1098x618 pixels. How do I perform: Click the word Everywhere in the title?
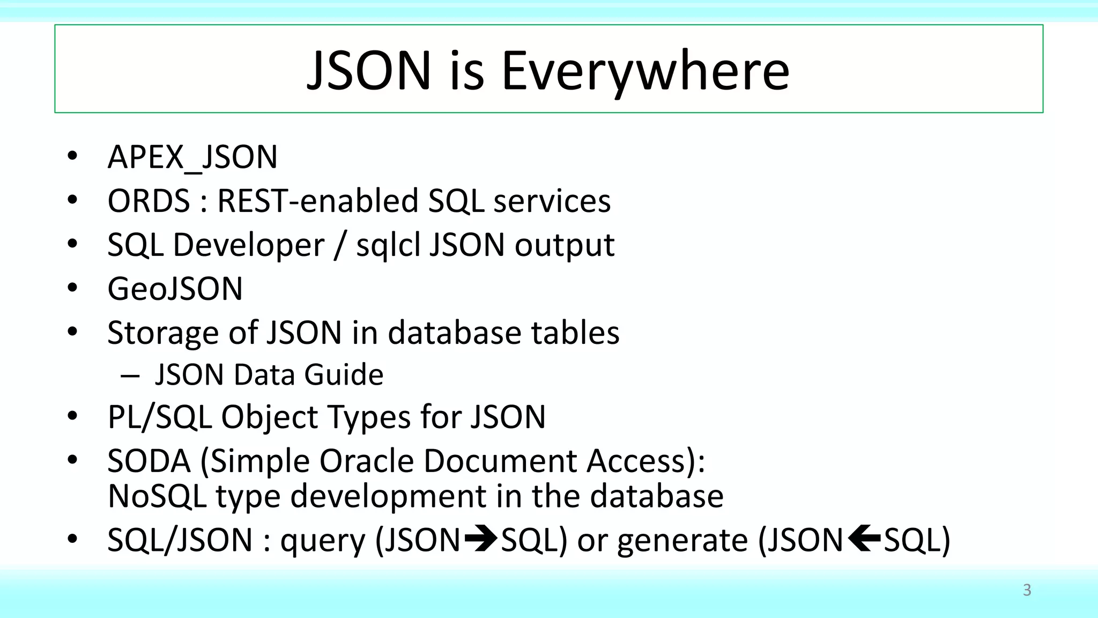[x=645, y=71]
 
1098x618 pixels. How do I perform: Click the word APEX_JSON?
[x=192, y=157]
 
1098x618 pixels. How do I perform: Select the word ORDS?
[x=149, y=201]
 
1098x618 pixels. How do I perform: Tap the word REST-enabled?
[x=317, y=201]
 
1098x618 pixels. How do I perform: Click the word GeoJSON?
[x=175, y=289]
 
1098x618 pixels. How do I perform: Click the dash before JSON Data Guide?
[x=130, y=376]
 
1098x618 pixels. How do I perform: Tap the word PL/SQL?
[x=159, y=417]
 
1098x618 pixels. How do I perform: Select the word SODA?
[x=149, y=461]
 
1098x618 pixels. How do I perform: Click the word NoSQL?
[x=157, y=496]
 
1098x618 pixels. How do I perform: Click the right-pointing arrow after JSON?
[x=481, y=539]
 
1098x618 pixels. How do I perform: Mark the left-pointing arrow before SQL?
[x=864, y=539]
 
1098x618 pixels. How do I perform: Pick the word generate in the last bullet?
[x=682, y=541]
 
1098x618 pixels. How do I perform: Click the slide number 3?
[x=1027, y=590]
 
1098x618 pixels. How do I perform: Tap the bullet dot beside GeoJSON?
[x=72, y=289]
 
